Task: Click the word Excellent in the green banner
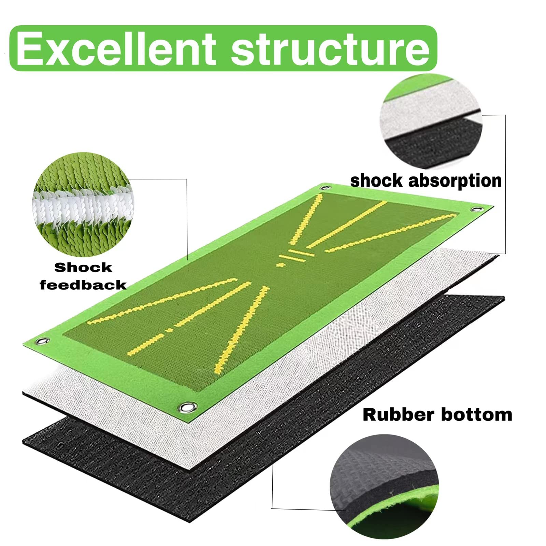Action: pos(116,48)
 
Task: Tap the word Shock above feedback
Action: pos(83,268)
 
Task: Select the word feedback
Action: pos(83,285)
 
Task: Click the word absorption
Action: pos(455,181)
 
